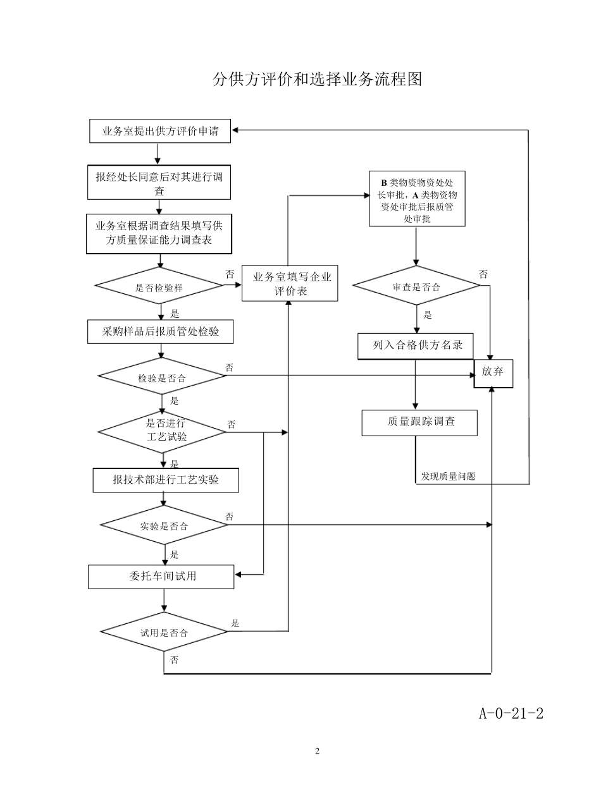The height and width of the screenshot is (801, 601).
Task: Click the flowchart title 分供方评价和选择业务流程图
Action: pyautogui.click(x=317, y=79)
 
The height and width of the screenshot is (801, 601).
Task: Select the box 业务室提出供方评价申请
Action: pyautogui.click(x=160, y=131)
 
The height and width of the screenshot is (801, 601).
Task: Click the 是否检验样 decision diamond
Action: pyautogui.click(x=159, y=287)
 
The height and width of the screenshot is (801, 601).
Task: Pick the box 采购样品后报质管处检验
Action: pyautogui.click(x=161, y=331)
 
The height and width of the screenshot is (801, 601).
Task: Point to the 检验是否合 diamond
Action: pyautogui.click(x=162, y=377)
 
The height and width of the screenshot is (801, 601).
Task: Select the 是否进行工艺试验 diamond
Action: pyautogui.click(x=163, y=432)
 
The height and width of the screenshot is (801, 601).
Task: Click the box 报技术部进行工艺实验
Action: pyautogui.click(x=166, y=480)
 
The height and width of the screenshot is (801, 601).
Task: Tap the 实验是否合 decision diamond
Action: pyautogui.click(x=164, y=525)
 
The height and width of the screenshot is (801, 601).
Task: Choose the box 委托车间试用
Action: pyautogui.click(x=161, y=577)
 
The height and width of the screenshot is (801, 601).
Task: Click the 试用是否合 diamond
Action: pyautogui.click(x=164, y=632)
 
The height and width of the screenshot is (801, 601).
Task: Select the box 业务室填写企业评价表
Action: pyautogui.click(x=290, y=283)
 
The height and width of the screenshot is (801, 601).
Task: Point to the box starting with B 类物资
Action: pyautogui.click(x=417, y=199)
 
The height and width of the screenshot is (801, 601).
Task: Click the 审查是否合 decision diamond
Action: pyautogui.click(x=416, y=286)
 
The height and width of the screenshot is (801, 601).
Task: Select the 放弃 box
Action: pyautogui.click(x=493, y=372)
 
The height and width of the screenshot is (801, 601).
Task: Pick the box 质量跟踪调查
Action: pyautogui.click(x=420, y=422)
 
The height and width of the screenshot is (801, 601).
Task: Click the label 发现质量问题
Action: pyautogui.click(x=447, y=476)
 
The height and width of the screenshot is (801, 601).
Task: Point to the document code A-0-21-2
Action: pyautogui.click(x=511, y=714)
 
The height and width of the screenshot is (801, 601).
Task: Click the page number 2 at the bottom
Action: pyautogui.click(x=318, y=751)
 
